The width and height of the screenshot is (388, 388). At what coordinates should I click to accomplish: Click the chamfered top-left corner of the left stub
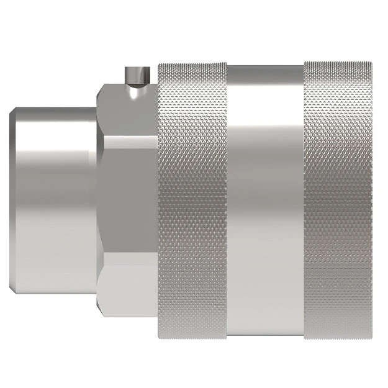click(x=14, y=111)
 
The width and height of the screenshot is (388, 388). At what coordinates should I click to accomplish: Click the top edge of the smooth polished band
click(x=266, y=66)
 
